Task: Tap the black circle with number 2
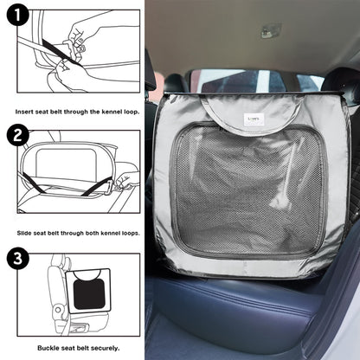tap(17, 135)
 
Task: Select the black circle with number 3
tap(17, 258)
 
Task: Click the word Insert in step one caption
tap(24, 112)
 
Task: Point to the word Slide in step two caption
tap(24, 233)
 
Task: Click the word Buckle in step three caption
tap(48, 348)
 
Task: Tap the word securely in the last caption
tap(105, 348)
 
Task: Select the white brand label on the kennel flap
tap(254, 119)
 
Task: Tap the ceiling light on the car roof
tap(271, 31)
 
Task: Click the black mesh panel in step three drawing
tap(89, 293)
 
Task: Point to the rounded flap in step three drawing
tap(87, 274)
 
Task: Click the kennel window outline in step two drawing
tap(66, 163)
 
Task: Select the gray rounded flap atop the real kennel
tap(252, 115)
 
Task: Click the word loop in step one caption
tap(132, 112)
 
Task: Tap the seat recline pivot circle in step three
tap(58, 310)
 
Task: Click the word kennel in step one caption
tap(112, 112)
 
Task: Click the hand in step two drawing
tap(125, 180)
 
